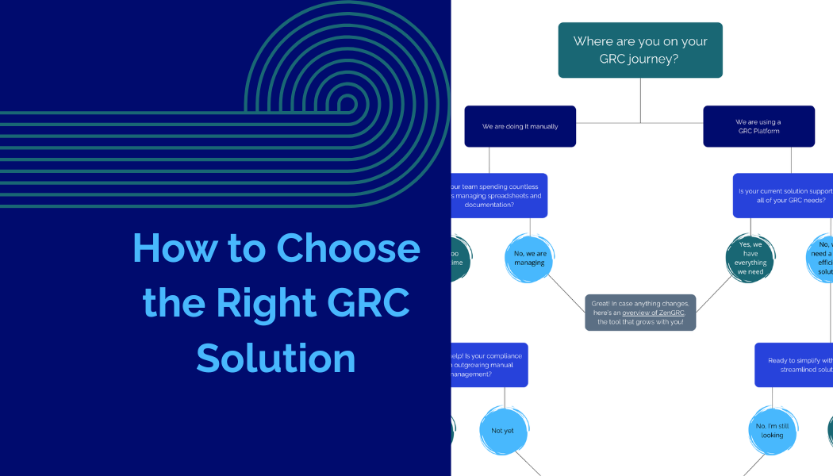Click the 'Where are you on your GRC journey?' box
click(x=640, y=50)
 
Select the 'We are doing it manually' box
click(x=520, y=126)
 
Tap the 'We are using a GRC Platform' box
click(x=758, y=126)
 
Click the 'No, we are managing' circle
click(x=529, y=258)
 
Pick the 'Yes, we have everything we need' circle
click(x=750, y=258)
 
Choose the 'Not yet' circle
click(x=502, y=431)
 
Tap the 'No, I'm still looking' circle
click(x=771, y=431)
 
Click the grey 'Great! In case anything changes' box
click(x=640, y=313)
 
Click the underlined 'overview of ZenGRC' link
click(x=653, y=313)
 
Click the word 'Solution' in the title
click(x=275, y=358)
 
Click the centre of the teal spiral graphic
click(x=347, y=103)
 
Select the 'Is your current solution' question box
click(x=782, y=195)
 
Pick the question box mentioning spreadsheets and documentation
click(x=499, y=195)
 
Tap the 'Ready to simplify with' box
click(x=793, y=365)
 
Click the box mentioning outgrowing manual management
click(x=489, y=365)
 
